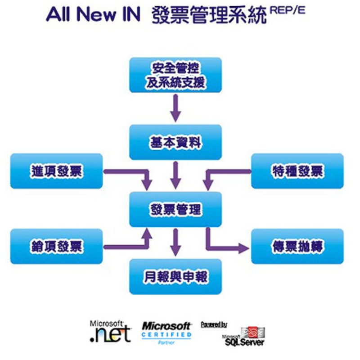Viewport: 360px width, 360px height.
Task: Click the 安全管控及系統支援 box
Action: [x=175, y=75]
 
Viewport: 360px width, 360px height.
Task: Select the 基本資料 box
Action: [x=175, y=142]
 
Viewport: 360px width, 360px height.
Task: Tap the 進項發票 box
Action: [x=57, y=171]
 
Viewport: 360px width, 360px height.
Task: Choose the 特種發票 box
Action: [x=297, y=171]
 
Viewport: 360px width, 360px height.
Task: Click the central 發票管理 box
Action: [x=175, y=209]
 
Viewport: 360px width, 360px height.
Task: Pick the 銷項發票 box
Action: [x=57, y=246]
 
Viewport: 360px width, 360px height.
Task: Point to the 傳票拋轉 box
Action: [x=297, y=246]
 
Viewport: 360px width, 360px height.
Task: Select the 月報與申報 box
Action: [x=175, y=276]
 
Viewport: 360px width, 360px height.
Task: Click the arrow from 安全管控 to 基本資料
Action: [x=175, y=108]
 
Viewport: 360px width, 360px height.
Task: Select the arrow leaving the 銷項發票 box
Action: [x=126, y=246]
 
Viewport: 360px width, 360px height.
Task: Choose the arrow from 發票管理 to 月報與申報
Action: [x=175, y=242]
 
